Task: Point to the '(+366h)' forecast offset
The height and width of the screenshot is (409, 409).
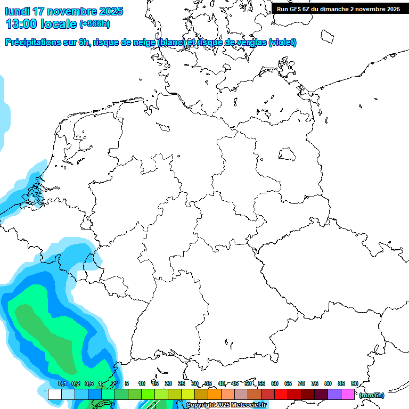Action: pyautogui.click(x=95, y=24)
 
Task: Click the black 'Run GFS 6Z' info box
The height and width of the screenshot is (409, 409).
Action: pyautogui.click(x=338, y=9)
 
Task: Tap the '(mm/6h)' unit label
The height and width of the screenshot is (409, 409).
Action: pyautogui.click(x=371, y=395)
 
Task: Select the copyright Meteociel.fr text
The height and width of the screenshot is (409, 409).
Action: pyautogui.click(x=226, y=405)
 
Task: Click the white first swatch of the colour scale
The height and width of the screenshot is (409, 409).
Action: pyautogui.click(x=55, y=394)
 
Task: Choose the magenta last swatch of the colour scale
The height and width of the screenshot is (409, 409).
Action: pyautogui.click(x=348, y=394)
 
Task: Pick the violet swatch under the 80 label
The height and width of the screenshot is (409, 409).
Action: pyautogui.click(x=334, y=394)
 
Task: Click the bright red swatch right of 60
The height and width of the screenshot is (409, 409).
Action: pyautogui.click(x=281, y=394)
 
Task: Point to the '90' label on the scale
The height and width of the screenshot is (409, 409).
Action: pyautogui.click(x=354, y=383)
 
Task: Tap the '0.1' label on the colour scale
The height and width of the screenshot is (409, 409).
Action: pyautogui.click(x=62, y=383)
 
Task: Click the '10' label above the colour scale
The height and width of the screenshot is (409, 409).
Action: pyautogui.click(x=142, y=383)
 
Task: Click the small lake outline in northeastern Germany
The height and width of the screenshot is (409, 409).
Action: pyautogui.click(x=288, y=154)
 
